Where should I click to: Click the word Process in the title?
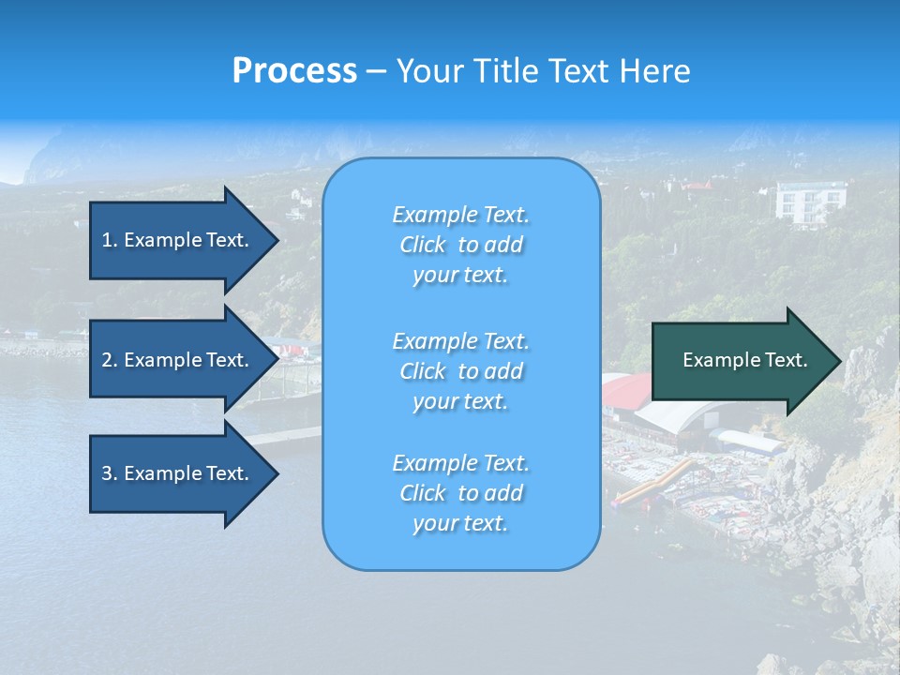pos(294,71)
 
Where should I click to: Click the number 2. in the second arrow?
pos(109,360)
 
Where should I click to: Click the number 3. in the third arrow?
pos(109,473)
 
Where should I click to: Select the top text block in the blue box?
pos(460,245)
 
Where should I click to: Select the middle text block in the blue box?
pos(460,371)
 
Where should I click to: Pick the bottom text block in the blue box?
pos(460,493)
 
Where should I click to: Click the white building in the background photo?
pos(808,202)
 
